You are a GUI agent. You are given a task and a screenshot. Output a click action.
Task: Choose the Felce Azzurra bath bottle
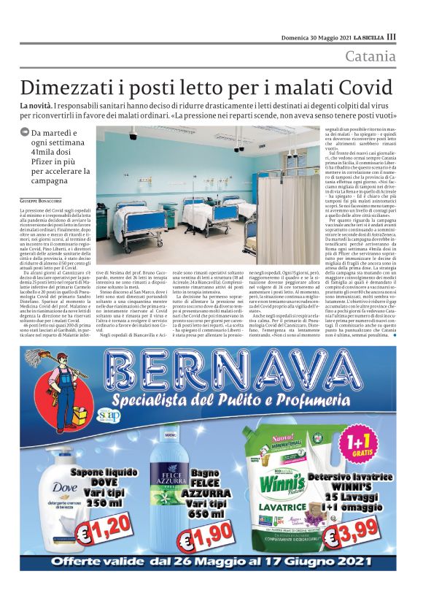[168, 482]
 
